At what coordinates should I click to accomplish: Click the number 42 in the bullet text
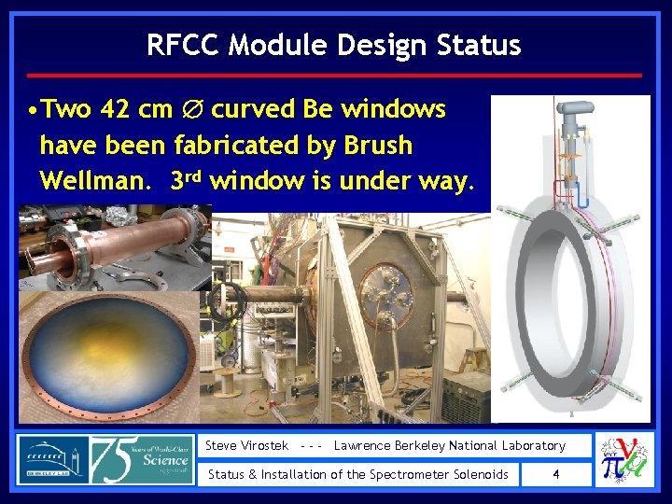(114, 109)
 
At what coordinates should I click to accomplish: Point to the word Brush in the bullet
(378, 145)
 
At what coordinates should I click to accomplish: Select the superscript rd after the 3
(199, 175)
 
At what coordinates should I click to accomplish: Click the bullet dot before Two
(32, 110)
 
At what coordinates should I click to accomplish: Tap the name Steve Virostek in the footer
(246, 446)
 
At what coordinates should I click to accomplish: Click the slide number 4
(556, 474)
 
